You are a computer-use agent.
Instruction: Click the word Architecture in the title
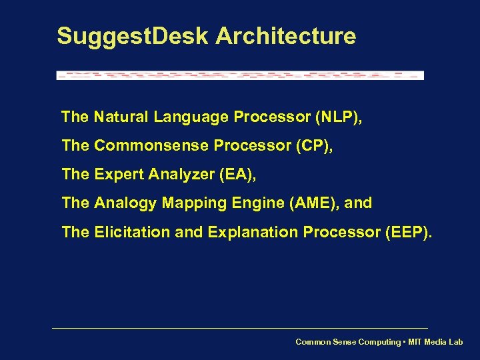(285, 36)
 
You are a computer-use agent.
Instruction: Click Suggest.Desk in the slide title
(133, 36)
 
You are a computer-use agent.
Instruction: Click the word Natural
(121, 117)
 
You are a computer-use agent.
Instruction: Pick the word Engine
(247, 203)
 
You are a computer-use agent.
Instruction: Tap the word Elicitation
(128, 232)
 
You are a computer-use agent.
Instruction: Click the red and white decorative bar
(240, 75)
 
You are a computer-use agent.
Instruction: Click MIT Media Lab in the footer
(437, 342)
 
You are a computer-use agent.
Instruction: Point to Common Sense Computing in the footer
(348, 342)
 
